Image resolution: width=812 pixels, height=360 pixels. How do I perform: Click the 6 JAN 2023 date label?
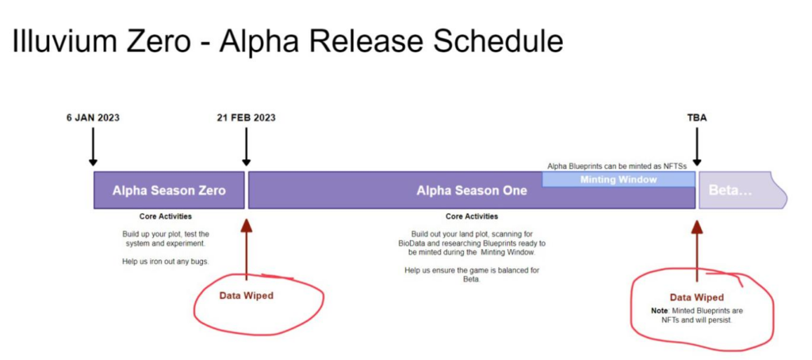pyautogui.click(x=93, y=117)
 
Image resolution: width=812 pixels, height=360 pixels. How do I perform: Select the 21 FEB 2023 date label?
pyautogui.click(x=246, y=117)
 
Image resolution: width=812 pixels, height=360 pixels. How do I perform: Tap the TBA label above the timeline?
pyautogui.click(x=697, y=117)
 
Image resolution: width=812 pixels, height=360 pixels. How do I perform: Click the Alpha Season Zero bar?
pyautogui.click(x=169, y=190)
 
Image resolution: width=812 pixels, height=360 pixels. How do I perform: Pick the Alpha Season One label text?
pyautogui.click(x=472, y=190)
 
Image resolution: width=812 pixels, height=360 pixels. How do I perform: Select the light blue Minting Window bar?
pyautogui.click(x=619, y=179)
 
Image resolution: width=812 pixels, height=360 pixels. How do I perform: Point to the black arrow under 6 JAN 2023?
pyautogui.click(x=94, y=147)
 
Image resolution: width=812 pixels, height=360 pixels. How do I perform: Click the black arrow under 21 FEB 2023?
pyautogui.click(x=247, y=147)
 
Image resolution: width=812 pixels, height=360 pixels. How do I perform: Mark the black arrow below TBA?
pyautogui.click(x=697, y=147)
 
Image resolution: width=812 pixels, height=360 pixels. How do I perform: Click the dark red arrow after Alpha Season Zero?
pyautogui.click(x=247, y=250)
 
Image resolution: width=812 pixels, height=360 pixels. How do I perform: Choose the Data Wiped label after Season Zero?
pyautogui.click(x=246, y=296)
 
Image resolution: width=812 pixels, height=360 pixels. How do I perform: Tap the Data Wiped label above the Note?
pyautogui.click(x=696, y=297)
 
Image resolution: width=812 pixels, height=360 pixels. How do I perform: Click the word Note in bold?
pyautogui.click(x=659, y=311)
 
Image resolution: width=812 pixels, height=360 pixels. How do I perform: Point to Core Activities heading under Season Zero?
pyautogui.click(x=165, y=216)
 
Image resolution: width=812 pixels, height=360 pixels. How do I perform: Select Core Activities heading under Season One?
pyautogui.click(x=472, y=216)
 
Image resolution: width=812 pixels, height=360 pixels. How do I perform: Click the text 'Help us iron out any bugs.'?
pyautogui.click(x=166, y=262)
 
